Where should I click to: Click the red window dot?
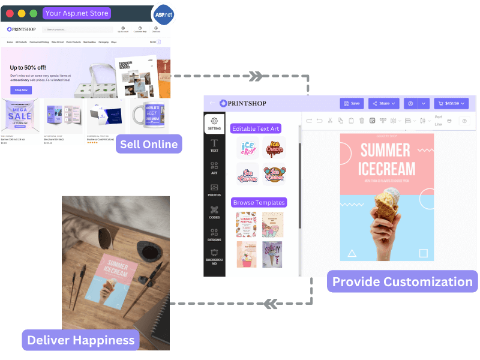tap(10, 13)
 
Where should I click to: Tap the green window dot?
tap(33, 13)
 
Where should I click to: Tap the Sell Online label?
tap(149, 144)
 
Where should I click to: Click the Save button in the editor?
tap(352, 103)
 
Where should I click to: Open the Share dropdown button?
tap(384, 103)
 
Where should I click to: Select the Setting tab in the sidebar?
tap(214, 124)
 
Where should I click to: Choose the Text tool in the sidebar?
tap(214, 146)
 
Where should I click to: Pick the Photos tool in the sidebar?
tap(214, 191)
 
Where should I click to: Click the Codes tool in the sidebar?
tap(214, 213)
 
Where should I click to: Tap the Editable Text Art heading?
tap(256, 128)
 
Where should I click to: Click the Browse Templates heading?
tap(259, 202)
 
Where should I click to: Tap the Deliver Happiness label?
tap(80, 340)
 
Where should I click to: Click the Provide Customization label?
tap(403, 281)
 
